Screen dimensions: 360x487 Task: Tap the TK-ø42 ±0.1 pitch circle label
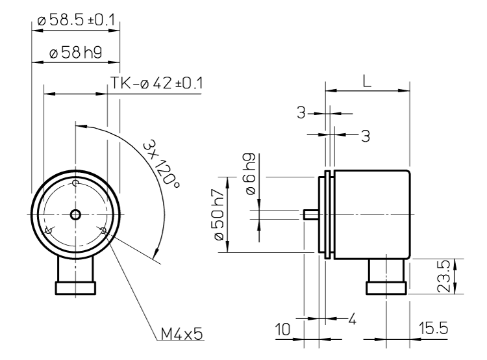coord(157,84)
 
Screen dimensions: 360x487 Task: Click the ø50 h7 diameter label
coord(220,214)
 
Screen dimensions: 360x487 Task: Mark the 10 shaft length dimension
coord(282,330)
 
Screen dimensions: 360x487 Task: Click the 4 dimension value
coord(352,320)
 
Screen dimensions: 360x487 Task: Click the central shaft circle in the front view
coord(75,214)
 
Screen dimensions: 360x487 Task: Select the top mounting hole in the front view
coord(75,184)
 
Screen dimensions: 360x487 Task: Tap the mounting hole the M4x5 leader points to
coord(102,230)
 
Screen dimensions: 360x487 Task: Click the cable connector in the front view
coord(75,276)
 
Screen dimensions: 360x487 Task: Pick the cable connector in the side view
coord(387,276)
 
